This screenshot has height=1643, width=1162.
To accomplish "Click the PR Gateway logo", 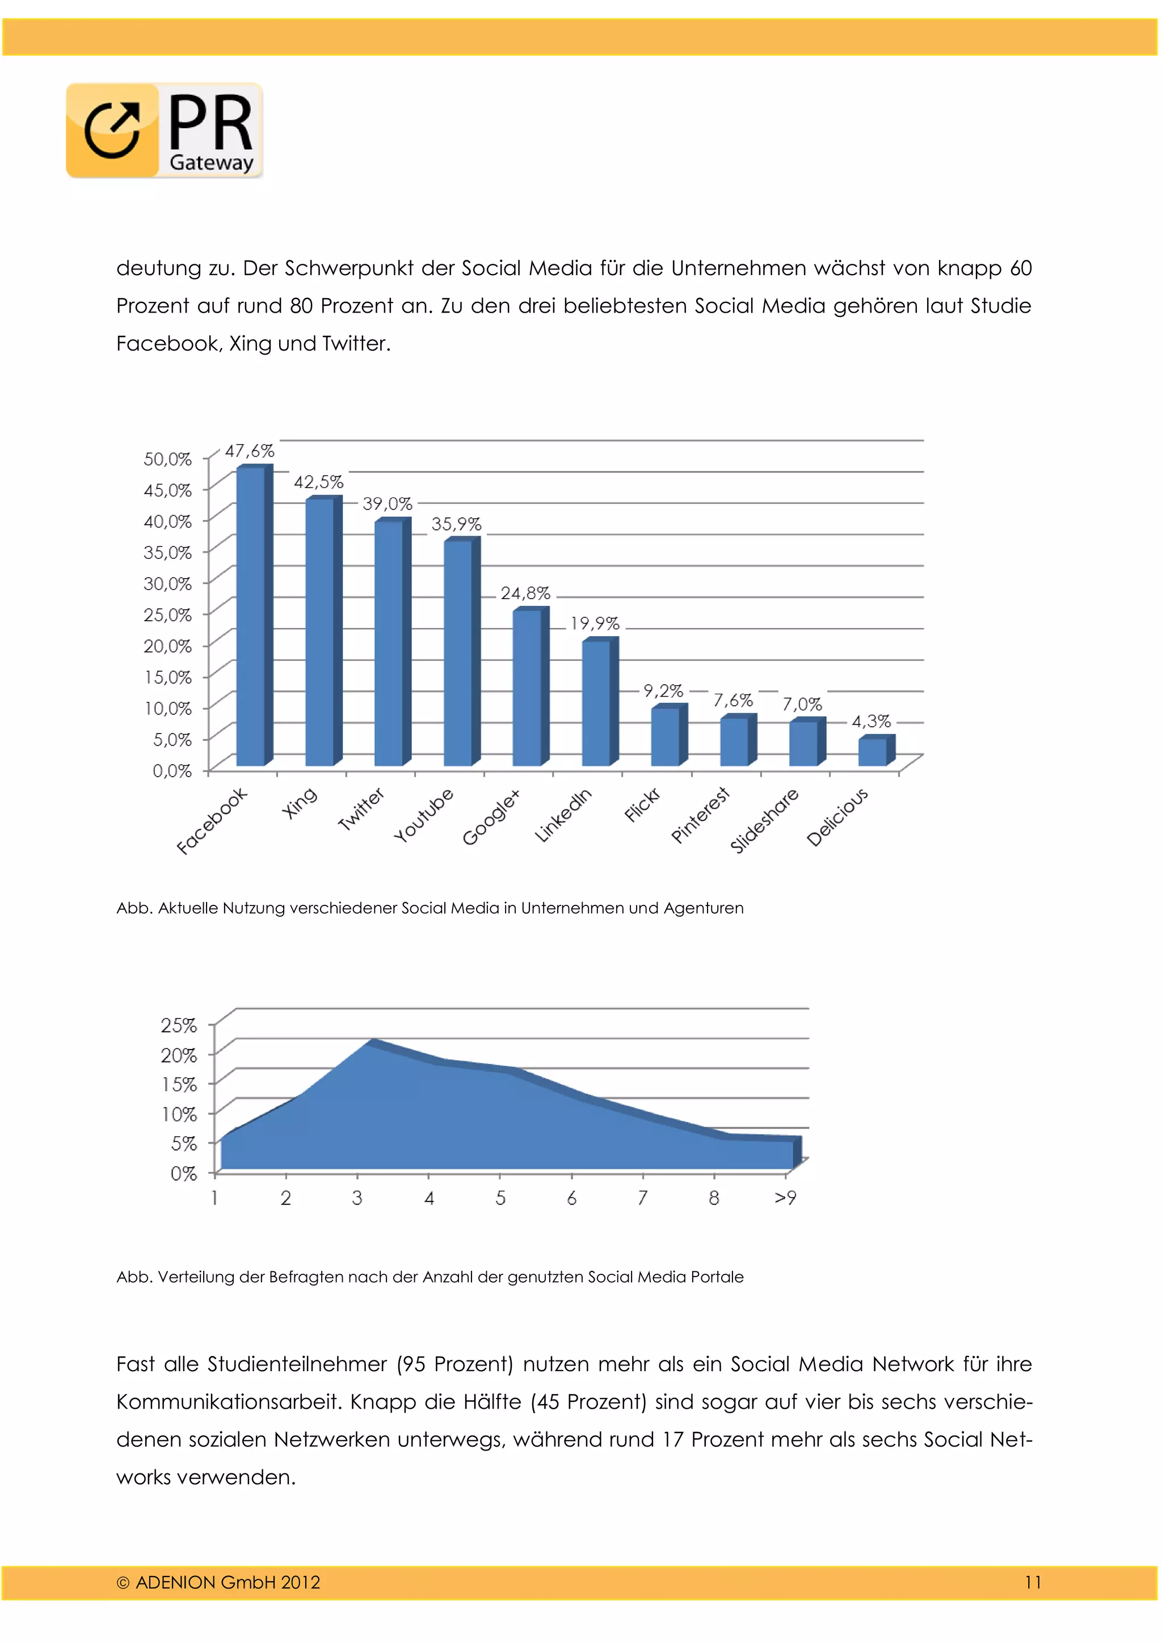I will [165, 130].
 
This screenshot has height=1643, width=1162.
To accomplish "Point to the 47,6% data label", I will [250, 451].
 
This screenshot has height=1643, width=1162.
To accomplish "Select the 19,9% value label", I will [595, 624].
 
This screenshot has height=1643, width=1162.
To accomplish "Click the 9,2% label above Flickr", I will [663, 690].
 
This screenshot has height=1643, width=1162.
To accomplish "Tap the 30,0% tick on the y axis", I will [168, 584].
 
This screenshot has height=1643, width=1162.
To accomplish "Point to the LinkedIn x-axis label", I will [563, 815].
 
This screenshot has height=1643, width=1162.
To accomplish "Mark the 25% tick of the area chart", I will [179, 1025].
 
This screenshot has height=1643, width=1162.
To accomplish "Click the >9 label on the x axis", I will [786, 1198].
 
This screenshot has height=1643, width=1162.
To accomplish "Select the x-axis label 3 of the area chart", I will [357, 1198].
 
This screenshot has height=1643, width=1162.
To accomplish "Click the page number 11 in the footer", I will [1033, 1582].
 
